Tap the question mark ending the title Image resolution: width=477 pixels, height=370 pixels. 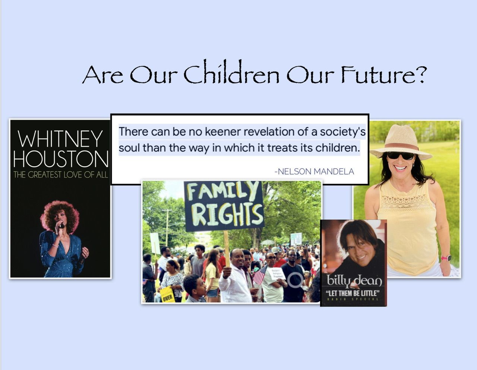[419, 74]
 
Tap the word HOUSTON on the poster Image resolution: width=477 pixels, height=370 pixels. [61, 159]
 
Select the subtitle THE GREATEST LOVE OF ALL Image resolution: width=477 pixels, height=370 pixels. [60, 175]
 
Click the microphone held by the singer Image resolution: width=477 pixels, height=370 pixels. [61, 225]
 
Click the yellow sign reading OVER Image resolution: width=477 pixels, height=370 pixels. [168, 294]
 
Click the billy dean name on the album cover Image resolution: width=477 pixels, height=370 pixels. [354, 281]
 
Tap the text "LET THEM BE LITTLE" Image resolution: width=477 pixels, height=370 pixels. [353, 293]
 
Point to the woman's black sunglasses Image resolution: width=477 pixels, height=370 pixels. [401, 156]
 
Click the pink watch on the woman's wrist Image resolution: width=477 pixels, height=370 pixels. [446, 258]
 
